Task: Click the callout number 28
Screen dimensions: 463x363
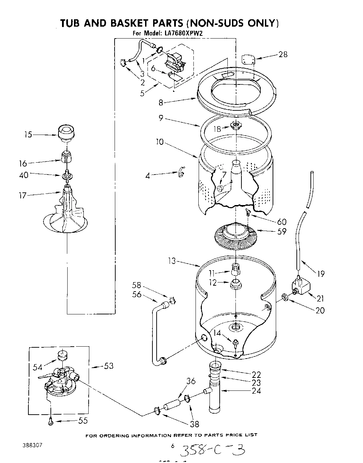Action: point(283,54)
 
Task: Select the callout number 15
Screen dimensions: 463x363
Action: point(28,134)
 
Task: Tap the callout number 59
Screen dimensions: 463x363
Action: point(281,232)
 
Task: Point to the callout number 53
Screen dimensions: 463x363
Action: point(109,366)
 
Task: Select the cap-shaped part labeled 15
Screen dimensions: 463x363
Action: point(66,132)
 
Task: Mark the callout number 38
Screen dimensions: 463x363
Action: point(194,424)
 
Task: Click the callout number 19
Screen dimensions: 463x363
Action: point(321,274)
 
